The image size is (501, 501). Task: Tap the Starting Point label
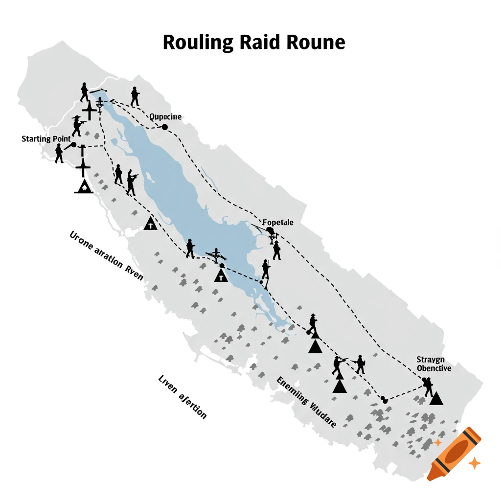point(43,139)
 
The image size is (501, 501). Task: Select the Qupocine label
point(165,117)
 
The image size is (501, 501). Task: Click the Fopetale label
point(278,222)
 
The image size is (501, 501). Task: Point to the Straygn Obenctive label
point(433,364)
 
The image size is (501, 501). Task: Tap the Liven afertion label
point(182,397)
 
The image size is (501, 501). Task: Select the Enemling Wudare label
point(306,402)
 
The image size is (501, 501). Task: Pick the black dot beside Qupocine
point(165,127)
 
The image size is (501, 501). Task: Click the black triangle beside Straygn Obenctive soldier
point(436,398)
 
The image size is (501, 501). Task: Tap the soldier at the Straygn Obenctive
point(427,386)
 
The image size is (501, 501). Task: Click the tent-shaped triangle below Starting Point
point(84,185)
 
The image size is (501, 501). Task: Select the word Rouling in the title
point(198,43)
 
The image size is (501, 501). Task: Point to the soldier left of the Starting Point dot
point(59,154)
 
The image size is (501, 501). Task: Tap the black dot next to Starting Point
point(73,145)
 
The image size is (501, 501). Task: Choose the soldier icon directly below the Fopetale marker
point(276,250)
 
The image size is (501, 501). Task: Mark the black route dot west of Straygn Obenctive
point(384,399)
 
